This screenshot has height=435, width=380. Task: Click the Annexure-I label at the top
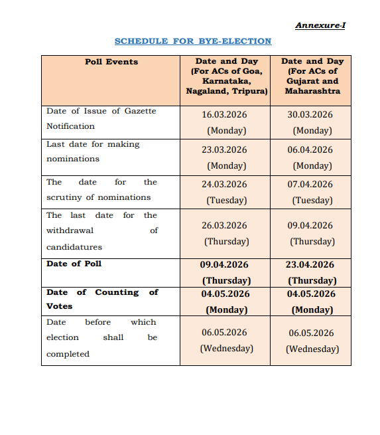click(x=320, y=25)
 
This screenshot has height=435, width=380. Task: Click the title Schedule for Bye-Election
click(x=193, y=41)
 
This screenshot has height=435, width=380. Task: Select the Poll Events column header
click(x=111, y=62)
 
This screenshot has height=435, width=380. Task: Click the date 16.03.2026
click(x=224, y=115)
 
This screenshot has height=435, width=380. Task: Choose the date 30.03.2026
click(x=310, y=115)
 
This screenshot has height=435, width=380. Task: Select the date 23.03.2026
click(x=224, y=150)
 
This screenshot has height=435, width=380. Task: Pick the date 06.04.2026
click(x=310, y=150)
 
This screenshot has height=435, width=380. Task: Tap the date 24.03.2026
click(x=224, y=185)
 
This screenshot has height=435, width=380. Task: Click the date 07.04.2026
click(x=310, y=185)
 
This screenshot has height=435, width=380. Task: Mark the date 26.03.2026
click(x=224, y=226)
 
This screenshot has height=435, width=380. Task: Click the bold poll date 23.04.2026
click(x=310, y=265)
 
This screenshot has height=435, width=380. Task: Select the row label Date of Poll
click(x=74, y=264)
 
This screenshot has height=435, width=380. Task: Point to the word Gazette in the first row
click(x=141, y=111)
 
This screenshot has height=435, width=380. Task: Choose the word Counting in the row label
click(x=117, y=292)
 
